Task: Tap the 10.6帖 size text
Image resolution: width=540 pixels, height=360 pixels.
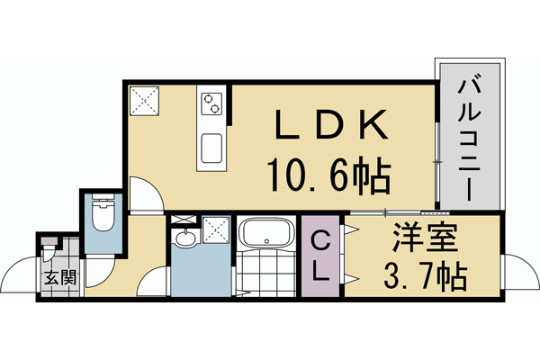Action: (x=328, y=174)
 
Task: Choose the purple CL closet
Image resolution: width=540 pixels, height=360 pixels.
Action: (x=321, y=256)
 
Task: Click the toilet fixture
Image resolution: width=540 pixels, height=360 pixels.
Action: (x=102, y=216)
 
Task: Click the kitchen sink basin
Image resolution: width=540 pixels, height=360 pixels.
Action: (x=214, y=147)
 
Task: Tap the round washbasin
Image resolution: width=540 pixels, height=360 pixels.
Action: (x=184, y=238)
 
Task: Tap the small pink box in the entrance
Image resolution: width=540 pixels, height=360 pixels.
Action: (x=48, y=240)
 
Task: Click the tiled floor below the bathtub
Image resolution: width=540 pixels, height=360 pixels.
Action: (x=267, y=274)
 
